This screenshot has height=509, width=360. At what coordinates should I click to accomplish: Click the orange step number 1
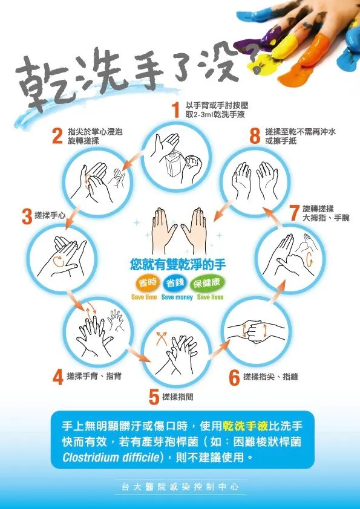tap(175, 109)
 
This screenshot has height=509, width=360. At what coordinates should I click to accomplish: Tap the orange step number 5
tap(154, 397)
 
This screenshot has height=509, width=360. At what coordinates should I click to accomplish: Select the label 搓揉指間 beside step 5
tap(178, 397)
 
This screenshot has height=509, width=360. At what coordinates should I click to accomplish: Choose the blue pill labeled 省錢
tap(175, 283)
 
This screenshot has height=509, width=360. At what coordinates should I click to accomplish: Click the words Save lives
tap(210, 297)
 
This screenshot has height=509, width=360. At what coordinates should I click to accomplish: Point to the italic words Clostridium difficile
tap(111, 458)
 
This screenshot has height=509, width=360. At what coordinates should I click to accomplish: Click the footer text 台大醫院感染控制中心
tap(180, 486)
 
